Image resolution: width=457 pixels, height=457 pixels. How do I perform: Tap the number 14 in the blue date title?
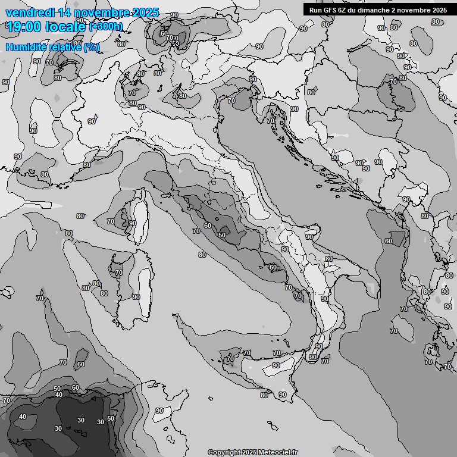click(65, 12)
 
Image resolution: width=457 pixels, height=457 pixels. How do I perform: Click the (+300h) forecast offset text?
click(106, 26)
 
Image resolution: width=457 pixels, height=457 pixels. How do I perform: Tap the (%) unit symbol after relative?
click(92, 47)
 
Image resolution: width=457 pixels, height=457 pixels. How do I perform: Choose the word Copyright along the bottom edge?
click(224, 453)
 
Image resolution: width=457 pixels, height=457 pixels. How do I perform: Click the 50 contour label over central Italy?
click(221, 235)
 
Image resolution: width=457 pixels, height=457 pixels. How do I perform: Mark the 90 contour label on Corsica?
click(132, 223)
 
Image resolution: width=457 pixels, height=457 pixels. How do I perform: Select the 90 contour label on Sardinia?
click(136, 297)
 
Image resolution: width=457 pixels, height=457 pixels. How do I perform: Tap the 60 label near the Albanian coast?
click(388, 241)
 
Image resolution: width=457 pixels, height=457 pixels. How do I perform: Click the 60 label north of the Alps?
click(164, 34)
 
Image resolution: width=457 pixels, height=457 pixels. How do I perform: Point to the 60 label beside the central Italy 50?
click(207, 226)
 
